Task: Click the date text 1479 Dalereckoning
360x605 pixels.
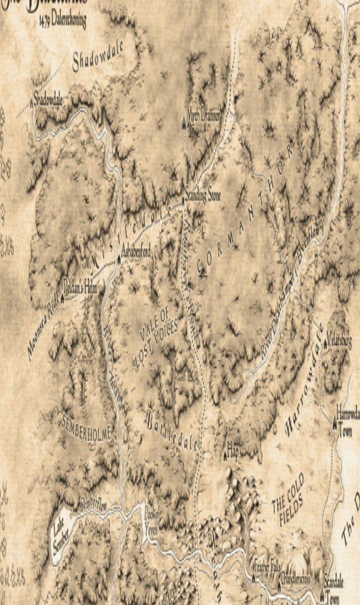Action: (63, 21)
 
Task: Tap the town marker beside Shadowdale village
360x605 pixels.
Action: (30, 100)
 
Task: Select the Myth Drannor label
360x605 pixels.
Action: (202, 116)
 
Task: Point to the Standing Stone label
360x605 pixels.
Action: (203, 196)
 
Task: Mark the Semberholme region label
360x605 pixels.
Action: (87, 427)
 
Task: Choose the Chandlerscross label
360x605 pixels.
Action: (297, 580)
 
